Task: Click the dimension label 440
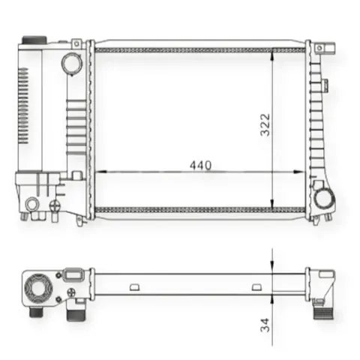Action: pos(200,165)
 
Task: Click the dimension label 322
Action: pos(265,124)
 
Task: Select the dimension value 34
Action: pos(265,325)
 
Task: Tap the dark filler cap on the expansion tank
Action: pos(34,40)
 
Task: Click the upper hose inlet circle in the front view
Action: pos(71,63)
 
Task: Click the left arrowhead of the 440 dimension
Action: pos(101,172)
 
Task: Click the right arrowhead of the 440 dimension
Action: pos(299,172)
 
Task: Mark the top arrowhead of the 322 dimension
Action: pos(273,55)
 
